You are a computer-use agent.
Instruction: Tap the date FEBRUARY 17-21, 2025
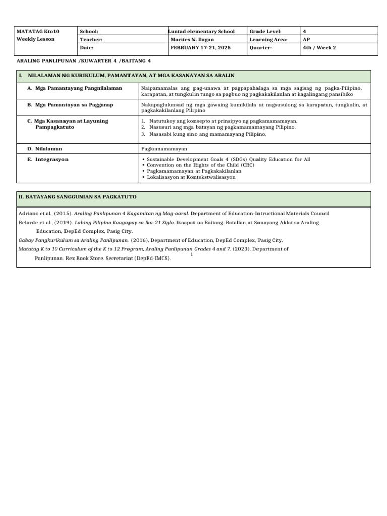click(x=201, y=48)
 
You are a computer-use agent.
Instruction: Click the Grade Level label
click(x=266, y=31)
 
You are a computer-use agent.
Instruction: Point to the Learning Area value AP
click(x=306, y=39)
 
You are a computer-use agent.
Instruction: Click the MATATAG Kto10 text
click(x=34, y=31)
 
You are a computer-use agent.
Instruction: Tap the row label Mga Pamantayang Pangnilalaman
click(x=78, y=88)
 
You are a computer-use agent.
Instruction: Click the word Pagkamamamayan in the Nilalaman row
click(x=164, y=149)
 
